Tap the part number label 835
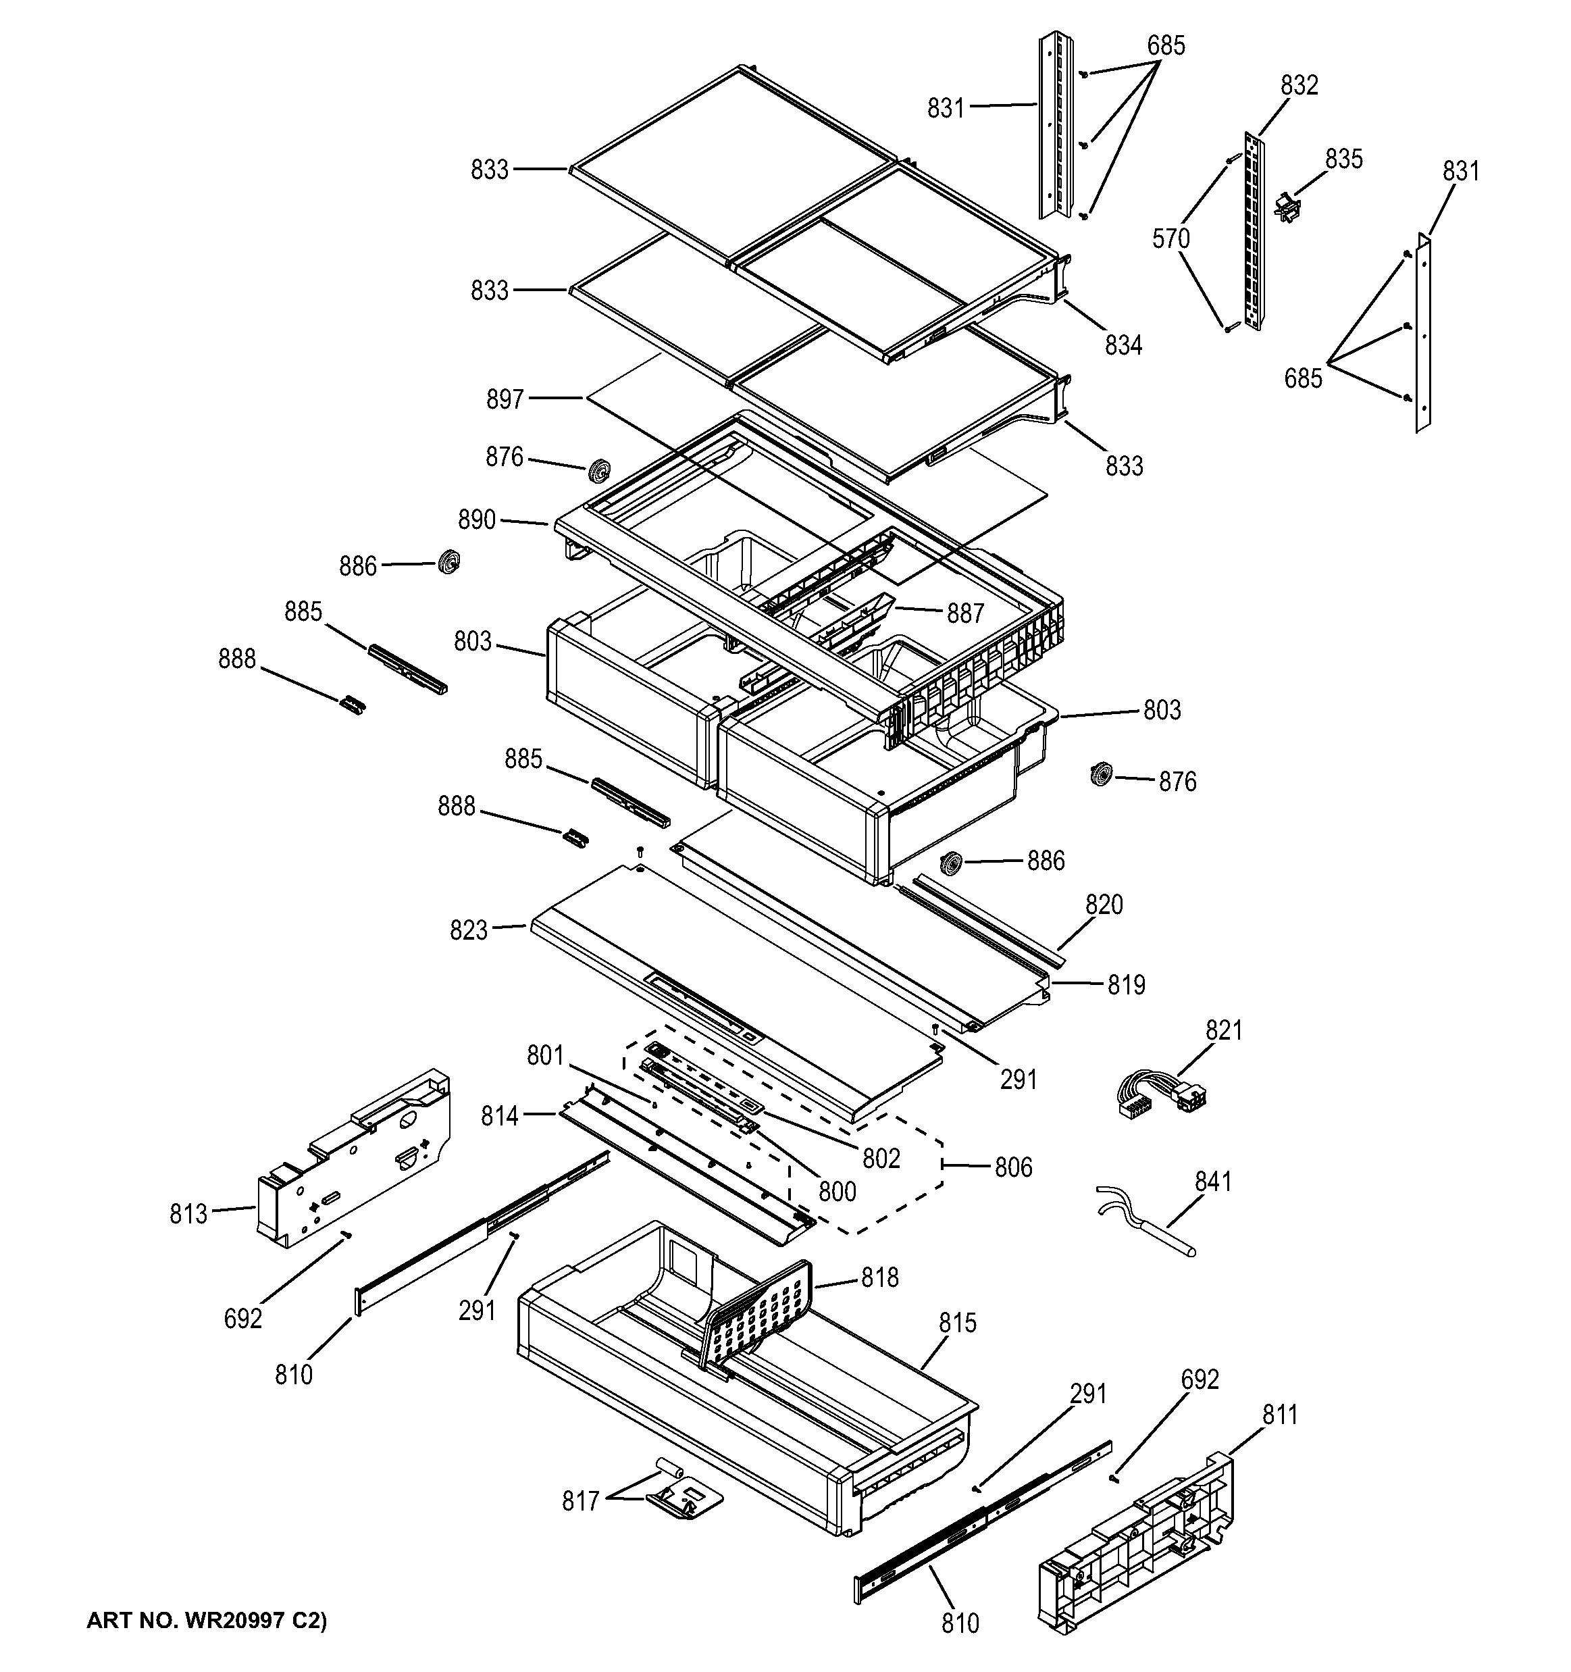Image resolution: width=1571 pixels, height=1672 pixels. pyautogui.click(x=1343, y=159)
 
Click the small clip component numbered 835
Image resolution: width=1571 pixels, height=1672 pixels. pyautogui.click(x=1285, y=206)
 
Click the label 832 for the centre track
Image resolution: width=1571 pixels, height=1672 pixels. pyautogui.click(x=1299, y=85)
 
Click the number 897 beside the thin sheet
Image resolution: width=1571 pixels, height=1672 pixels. pyautogui.click(x=505, y=399)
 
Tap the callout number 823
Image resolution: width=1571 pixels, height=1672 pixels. pyautogui.click(x=469, y=930)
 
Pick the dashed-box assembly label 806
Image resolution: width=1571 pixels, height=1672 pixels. pyautogui.click(x=1012, y=1167)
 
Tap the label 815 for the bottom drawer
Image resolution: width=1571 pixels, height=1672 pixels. pyautogui.click(x=957, y=1323)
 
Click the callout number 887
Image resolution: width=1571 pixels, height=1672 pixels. pyautogui.click(x=964, y=614)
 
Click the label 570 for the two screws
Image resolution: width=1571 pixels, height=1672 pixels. pyautogui.click(x=1170, y=240)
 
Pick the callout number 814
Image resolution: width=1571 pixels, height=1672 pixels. pyautogui.click(x=500, y=1116)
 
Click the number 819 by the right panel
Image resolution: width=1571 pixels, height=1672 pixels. pyautogui.click(x=1125, y=985)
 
